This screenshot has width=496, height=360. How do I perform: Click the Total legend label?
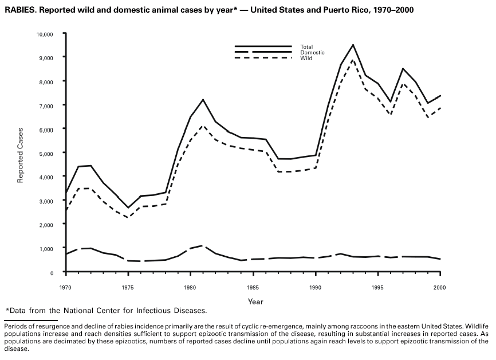306,46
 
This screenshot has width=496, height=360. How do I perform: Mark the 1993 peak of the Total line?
353,45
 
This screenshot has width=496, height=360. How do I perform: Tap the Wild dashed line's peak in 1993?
353,60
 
